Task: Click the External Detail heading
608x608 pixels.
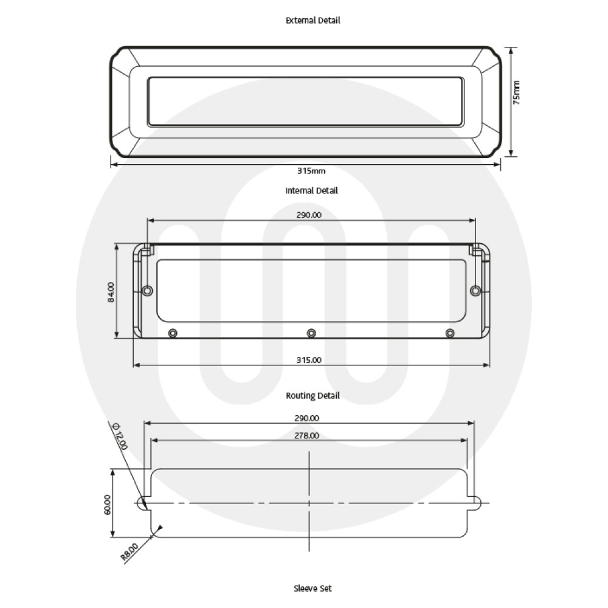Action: [313, 20]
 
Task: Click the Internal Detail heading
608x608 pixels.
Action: [311, 190]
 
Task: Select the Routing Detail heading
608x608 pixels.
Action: [313, 396]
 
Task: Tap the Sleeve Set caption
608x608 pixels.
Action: [313, 588]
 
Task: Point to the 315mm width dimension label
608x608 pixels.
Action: [306, 171]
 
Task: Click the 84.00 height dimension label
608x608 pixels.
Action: [110, 292]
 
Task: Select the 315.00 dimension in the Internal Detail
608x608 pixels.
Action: [309, 360]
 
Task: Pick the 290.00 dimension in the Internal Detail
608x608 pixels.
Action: [309, 215]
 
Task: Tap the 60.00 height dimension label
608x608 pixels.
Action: [107, 505]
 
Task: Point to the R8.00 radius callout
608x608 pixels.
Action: [130, 550]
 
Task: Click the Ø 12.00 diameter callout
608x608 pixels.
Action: [120, 437]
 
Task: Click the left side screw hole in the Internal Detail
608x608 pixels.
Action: [147, 291]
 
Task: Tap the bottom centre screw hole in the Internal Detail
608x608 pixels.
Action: [311, 333]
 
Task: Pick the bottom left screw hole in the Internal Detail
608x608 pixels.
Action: [173, 333]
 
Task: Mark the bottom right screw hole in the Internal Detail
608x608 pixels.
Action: [450, 333]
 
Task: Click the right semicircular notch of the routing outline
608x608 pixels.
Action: [477, 503]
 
